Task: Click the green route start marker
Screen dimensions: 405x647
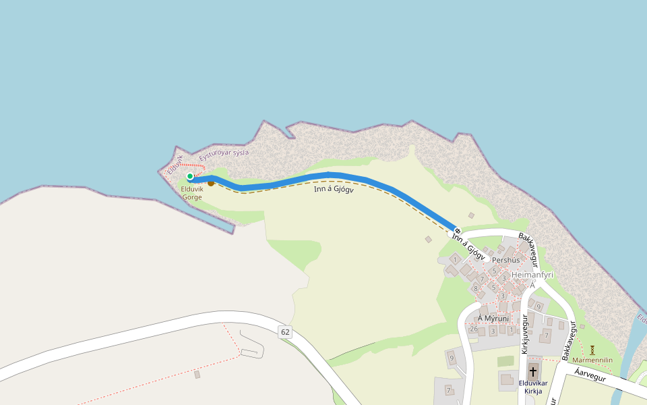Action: tap(190, 176)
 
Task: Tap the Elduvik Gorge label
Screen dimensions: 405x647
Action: tap(192, 193)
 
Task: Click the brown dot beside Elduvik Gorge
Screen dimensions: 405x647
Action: tap(211, 182)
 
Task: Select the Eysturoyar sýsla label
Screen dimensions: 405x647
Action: tap(224, 153)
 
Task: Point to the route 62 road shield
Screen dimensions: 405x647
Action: tap(285, 331)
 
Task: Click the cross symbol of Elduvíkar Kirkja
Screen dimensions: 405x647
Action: tap(533, 371)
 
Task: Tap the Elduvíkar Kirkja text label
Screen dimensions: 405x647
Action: tap(533, 387)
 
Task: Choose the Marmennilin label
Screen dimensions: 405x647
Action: tap(592, 360)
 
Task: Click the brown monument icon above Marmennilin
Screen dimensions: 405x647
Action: tap(592, 350)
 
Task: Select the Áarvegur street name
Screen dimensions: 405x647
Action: tap(591, 375)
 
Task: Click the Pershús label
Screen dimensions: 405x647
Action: tap(506, 260)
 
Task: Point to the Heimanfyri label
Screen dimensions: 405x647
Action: tap(532, 275)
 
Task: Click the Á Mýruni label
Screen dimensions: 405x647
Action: tap(493, 318)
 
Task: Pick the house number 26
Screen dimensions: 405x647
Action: tap(474, 329)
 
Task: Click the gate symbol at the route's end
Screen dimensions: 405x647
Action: tap(457, 232)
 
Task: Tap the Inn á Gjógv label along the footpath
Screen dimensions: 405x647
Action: tap(334, 189)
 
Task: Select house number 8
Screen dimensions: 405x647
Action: tap(476, 289)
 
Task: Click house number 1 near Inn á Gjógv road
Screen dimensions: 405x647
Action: tap(455, 259)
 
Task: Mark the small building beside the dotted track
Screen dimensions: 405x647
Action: tap(197, 374)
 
